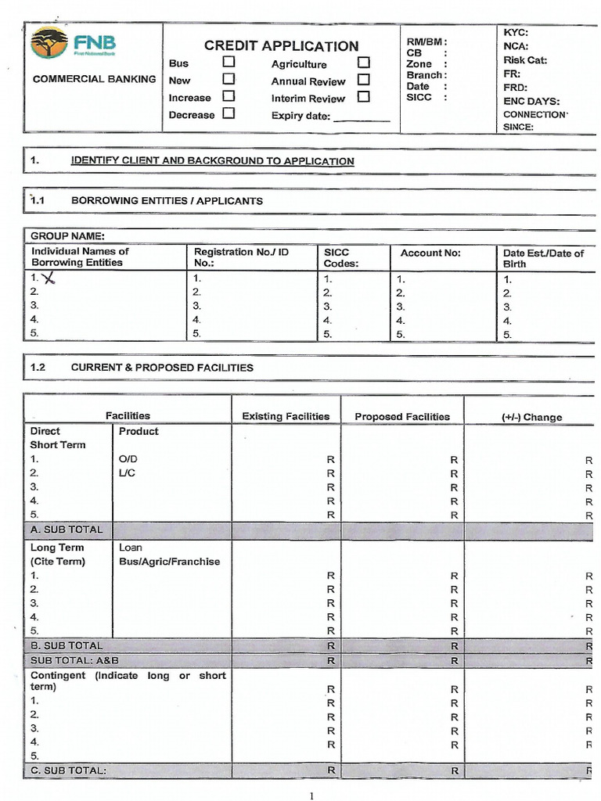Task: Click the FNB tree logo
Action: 49,42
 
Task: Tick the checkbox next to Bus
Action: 229,62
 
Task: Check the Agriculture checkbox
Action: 363,63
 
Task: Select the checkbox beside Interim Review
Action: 363,97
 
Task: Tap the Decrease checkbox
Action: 229,113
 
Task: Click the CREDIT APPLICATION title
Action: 281,45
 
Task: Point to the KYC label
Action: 516,32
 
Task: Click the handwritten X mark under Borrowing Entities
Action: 50,278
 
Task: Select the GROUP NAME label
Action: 67,236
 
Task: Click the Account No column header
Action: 430,253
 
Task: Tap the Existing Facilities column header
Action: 286,417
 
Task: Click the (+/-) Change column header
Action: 531,417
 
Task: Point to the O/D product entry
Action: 128,459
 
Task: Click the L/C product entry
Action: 127,473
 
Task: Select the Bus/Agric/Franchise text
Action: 169,562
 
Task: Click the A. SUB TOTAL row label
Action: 67,530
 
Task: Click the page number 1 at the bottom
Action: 311,796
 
